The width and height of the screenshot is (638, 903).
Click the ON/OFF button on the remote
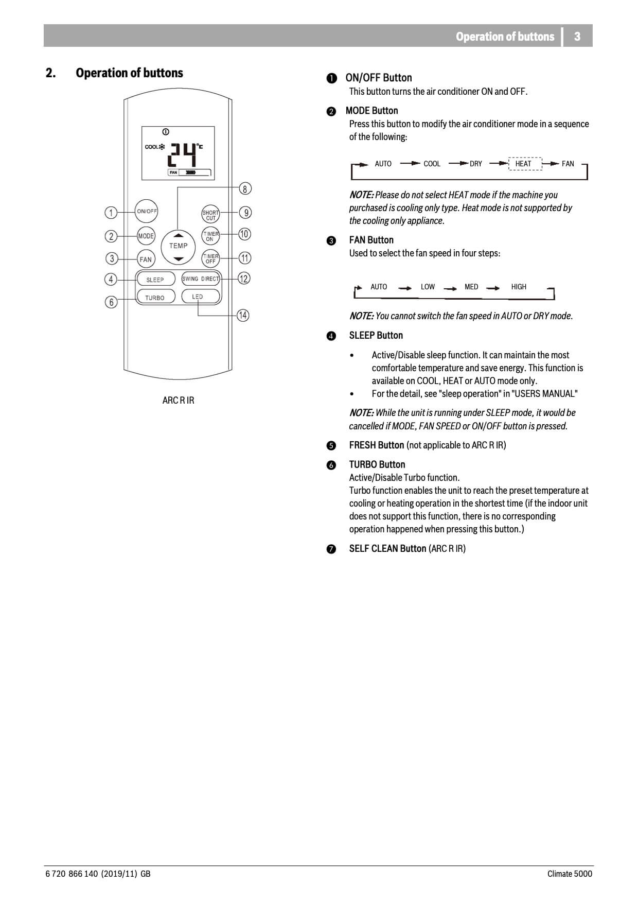147,211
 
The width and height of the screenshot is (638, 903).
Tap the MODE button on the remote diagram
146,236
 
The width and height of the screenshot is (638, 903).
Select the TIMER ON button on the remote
210,236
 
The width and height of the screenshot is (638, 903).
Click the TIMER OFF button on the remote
210,258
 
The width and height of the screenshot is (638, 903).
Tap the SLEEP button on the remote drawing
155,280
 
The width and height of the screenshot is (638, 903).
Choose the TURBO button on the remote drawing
155,298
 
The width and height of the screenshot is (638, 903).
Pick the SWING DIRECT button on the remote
201,279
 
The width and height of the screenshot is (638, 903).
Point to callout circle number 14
243,316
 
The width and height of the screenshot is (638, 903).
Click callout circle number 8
245,189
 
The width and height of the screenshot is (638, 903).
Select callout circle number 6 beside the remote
111,302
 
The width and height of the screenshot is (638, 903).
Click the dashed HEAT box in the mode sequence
524,164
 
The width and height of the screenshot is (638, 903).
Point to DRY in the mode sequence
476,164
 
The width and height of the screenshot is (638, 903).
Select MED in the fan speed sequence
471,287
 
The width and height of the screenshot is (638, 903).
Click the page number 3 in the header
577,37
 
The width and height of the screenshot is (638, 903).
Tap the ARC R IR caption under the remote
178,400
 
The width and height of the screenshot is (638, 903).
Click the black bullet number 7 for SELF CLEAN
331,549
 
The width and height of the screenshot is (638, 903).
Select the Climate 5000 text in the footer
570,874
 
